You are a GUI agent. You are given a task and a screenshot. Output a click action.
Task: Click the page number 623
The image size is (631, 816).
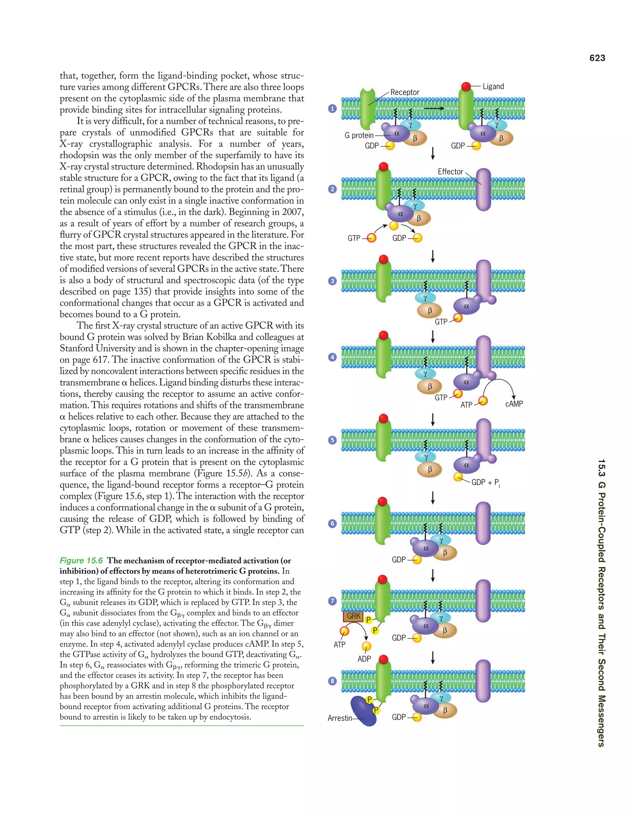[x=597, y=58]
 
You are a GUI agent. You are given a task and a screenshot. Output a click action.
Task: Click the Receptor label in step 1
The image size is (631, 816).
[x=405, y=92]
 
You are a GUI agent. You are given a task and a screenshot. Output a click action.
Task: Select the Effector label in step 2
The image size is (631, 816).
[x=450, y=172]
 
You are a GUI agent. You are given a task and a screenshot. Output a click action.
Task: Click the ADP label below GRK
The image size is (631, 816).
[x=364, y=659]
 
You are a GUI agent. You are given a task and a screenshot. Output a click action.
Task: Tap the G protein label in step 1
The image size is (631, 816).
[x=359, y=135]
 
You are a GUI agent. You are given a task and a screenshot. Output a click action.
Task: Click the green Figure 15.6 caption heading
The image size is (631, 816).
[x=81, y=560]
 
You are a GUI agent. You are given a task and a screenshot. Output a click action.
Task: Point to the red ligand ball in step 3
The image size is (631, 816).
[x=384, y=259]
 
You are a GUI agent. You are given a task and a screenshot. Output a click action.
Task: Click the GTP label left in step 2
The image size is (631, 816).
[x=354, y=238]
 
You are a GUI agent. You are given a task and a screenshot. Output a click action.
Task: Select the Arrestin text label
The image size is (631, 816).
[x=340, y=718]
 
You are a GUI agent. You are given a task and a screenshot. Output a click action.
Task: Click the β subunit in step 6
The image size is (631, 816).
[x=445, y=553]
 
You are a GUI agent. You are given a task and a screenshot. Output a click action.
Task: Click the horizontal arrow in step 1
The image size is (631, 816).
[x=434, y=108]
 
